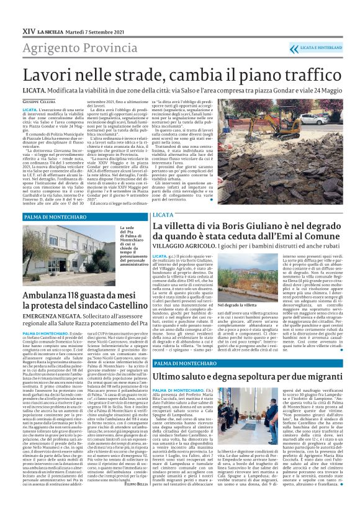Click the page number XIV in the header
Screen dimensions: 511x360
(28, 29)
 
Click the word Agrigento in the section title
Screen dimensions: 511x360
(48, 47)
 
